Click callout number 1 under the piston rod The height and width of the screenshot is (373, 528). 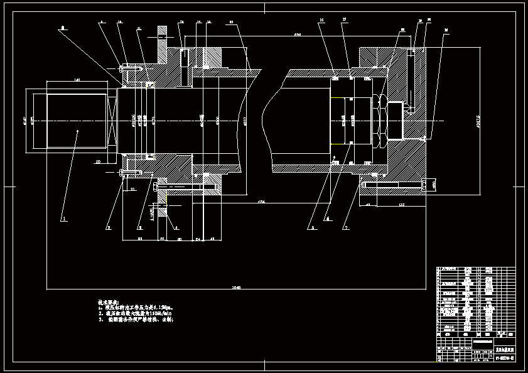click(63, 219)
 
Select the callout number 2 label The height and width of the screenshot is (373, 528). click(107, 228)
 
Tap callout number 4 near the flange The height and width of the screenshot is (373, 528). click(176, 227)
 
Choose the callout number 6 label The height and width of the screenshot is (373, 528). click(327, 218)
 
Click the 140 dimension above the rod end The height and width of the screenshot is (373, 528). click(77, 80)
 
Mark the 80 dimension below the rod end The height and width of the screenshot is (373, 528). click(98, 162)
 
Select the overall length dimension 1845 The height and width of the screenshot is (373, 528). click(236, 287)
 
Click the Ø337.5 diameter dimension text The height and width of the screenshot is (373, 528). click(478, 122)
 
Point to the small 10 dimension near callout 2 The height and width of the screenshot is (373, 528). click(132, 188)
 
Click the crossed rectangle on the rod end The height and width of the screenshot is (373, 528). click(112, 119)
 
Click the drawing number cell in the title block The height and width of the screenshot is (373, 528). click(504, 357)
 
